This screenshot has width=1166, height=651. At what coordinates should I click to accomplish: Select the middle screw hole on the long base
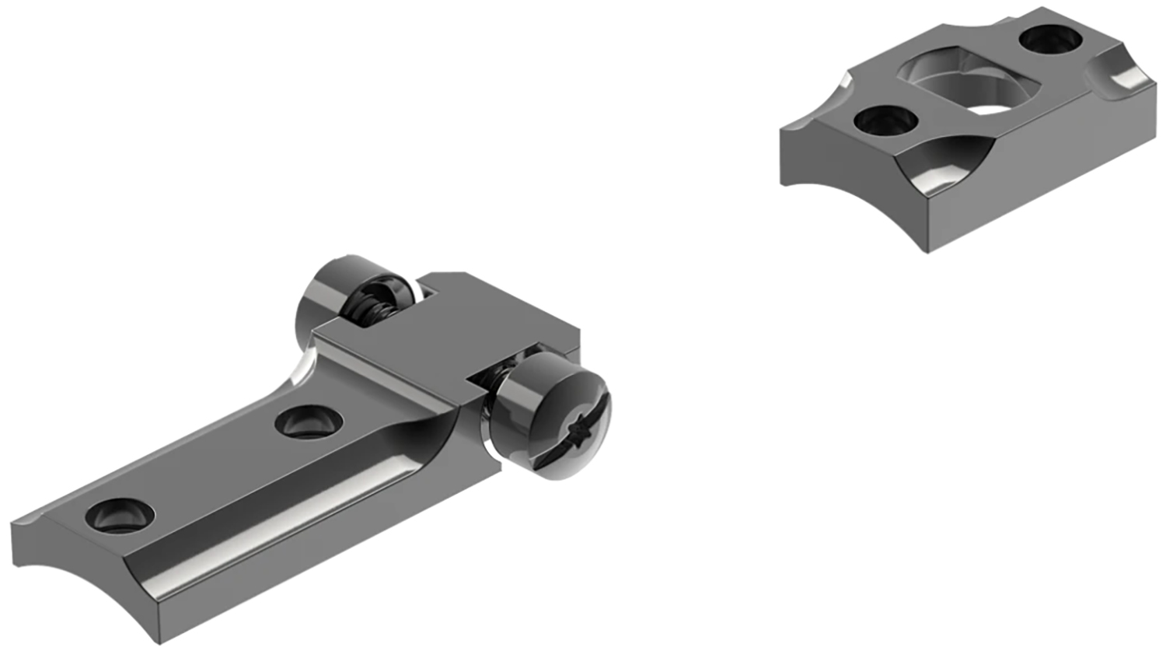(309, 422)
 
